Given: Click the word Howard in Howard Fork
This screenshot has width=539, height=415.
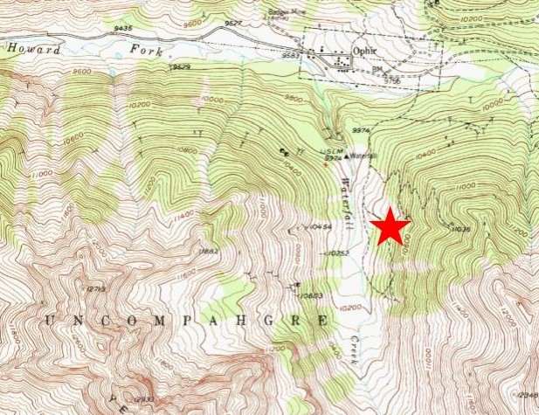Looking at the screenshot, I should coord(34,50).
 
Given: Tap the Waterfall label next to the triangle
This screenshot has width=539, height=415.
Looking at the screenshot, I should coord(365,156).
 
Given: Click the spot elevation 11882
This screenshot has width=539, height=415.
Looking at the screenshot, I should coord(208,252).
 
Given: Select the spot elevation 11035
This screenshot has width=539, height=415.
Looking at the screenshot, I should coord(463,229).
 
